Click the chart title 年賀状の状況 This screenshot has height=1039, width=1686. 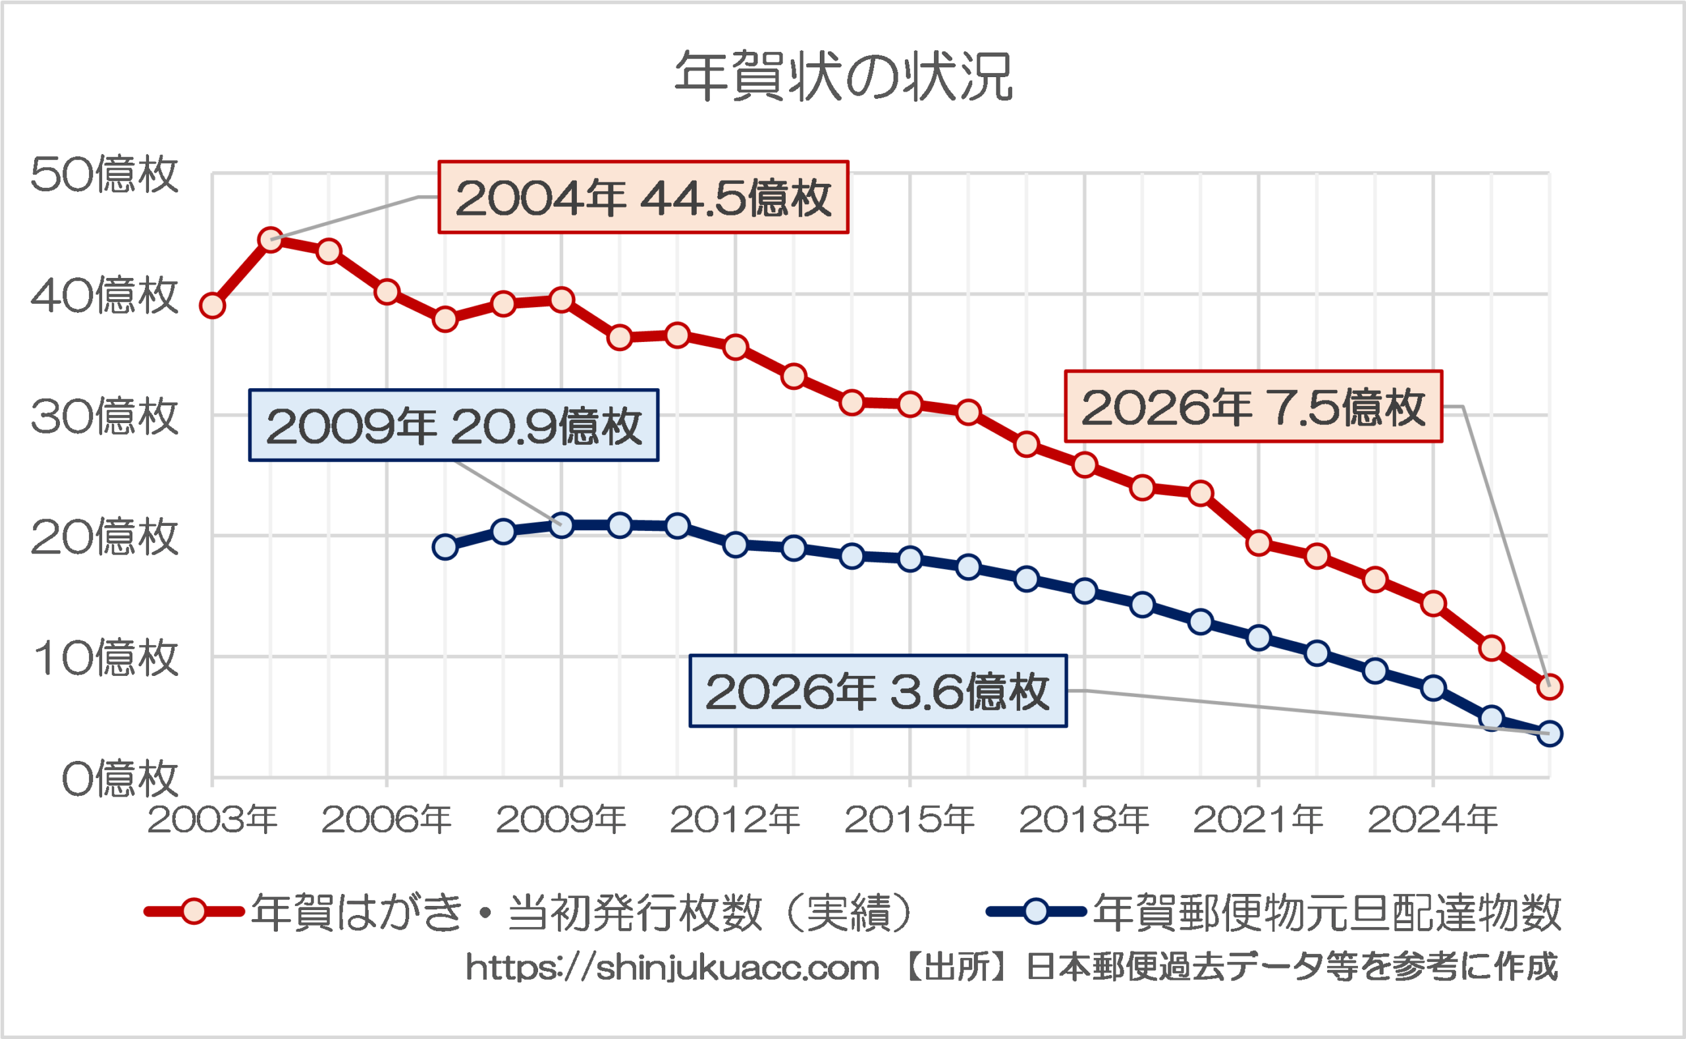844,77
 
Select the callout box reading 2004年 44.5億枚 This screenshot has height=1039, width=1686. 643,197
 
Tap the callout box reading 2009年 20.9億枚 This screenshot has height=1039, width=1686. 453,426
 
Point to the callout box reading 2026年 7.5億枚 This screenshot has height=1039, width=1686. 1253,407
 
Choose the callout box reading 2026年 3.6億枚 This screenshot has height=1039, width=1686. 878,690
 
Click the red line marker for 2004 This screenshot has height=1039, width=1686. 271,240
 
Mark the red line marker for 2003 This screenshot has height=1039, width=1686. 212,305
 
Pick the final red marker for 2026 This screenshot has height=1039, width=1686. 1549,687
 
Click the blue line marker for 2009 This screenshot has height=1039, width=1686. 562,526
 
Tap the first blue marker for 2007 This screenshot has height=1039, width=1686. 445,547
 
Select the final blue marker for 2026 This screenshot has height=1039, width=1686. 1549,733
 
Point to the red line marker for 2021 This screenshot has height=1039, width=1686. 1259,543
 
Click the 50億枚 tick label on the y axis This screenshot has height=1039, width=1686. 105,174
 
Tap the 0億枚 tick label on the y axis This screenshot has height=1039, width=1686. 120,779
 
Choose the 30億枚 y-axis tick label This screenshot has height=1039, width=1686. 105,416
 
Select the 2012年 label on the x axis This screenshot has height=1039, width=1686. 735,819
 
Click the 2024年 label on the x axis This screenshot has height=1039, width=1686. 1432,819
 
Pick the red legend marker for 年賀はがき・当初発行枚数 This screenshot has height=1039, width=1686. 194,912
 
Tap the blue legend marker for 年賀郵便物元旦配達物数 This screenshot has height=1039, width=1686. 1035,912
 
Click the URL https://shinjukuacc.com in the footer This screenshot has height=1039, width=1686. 672,969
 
